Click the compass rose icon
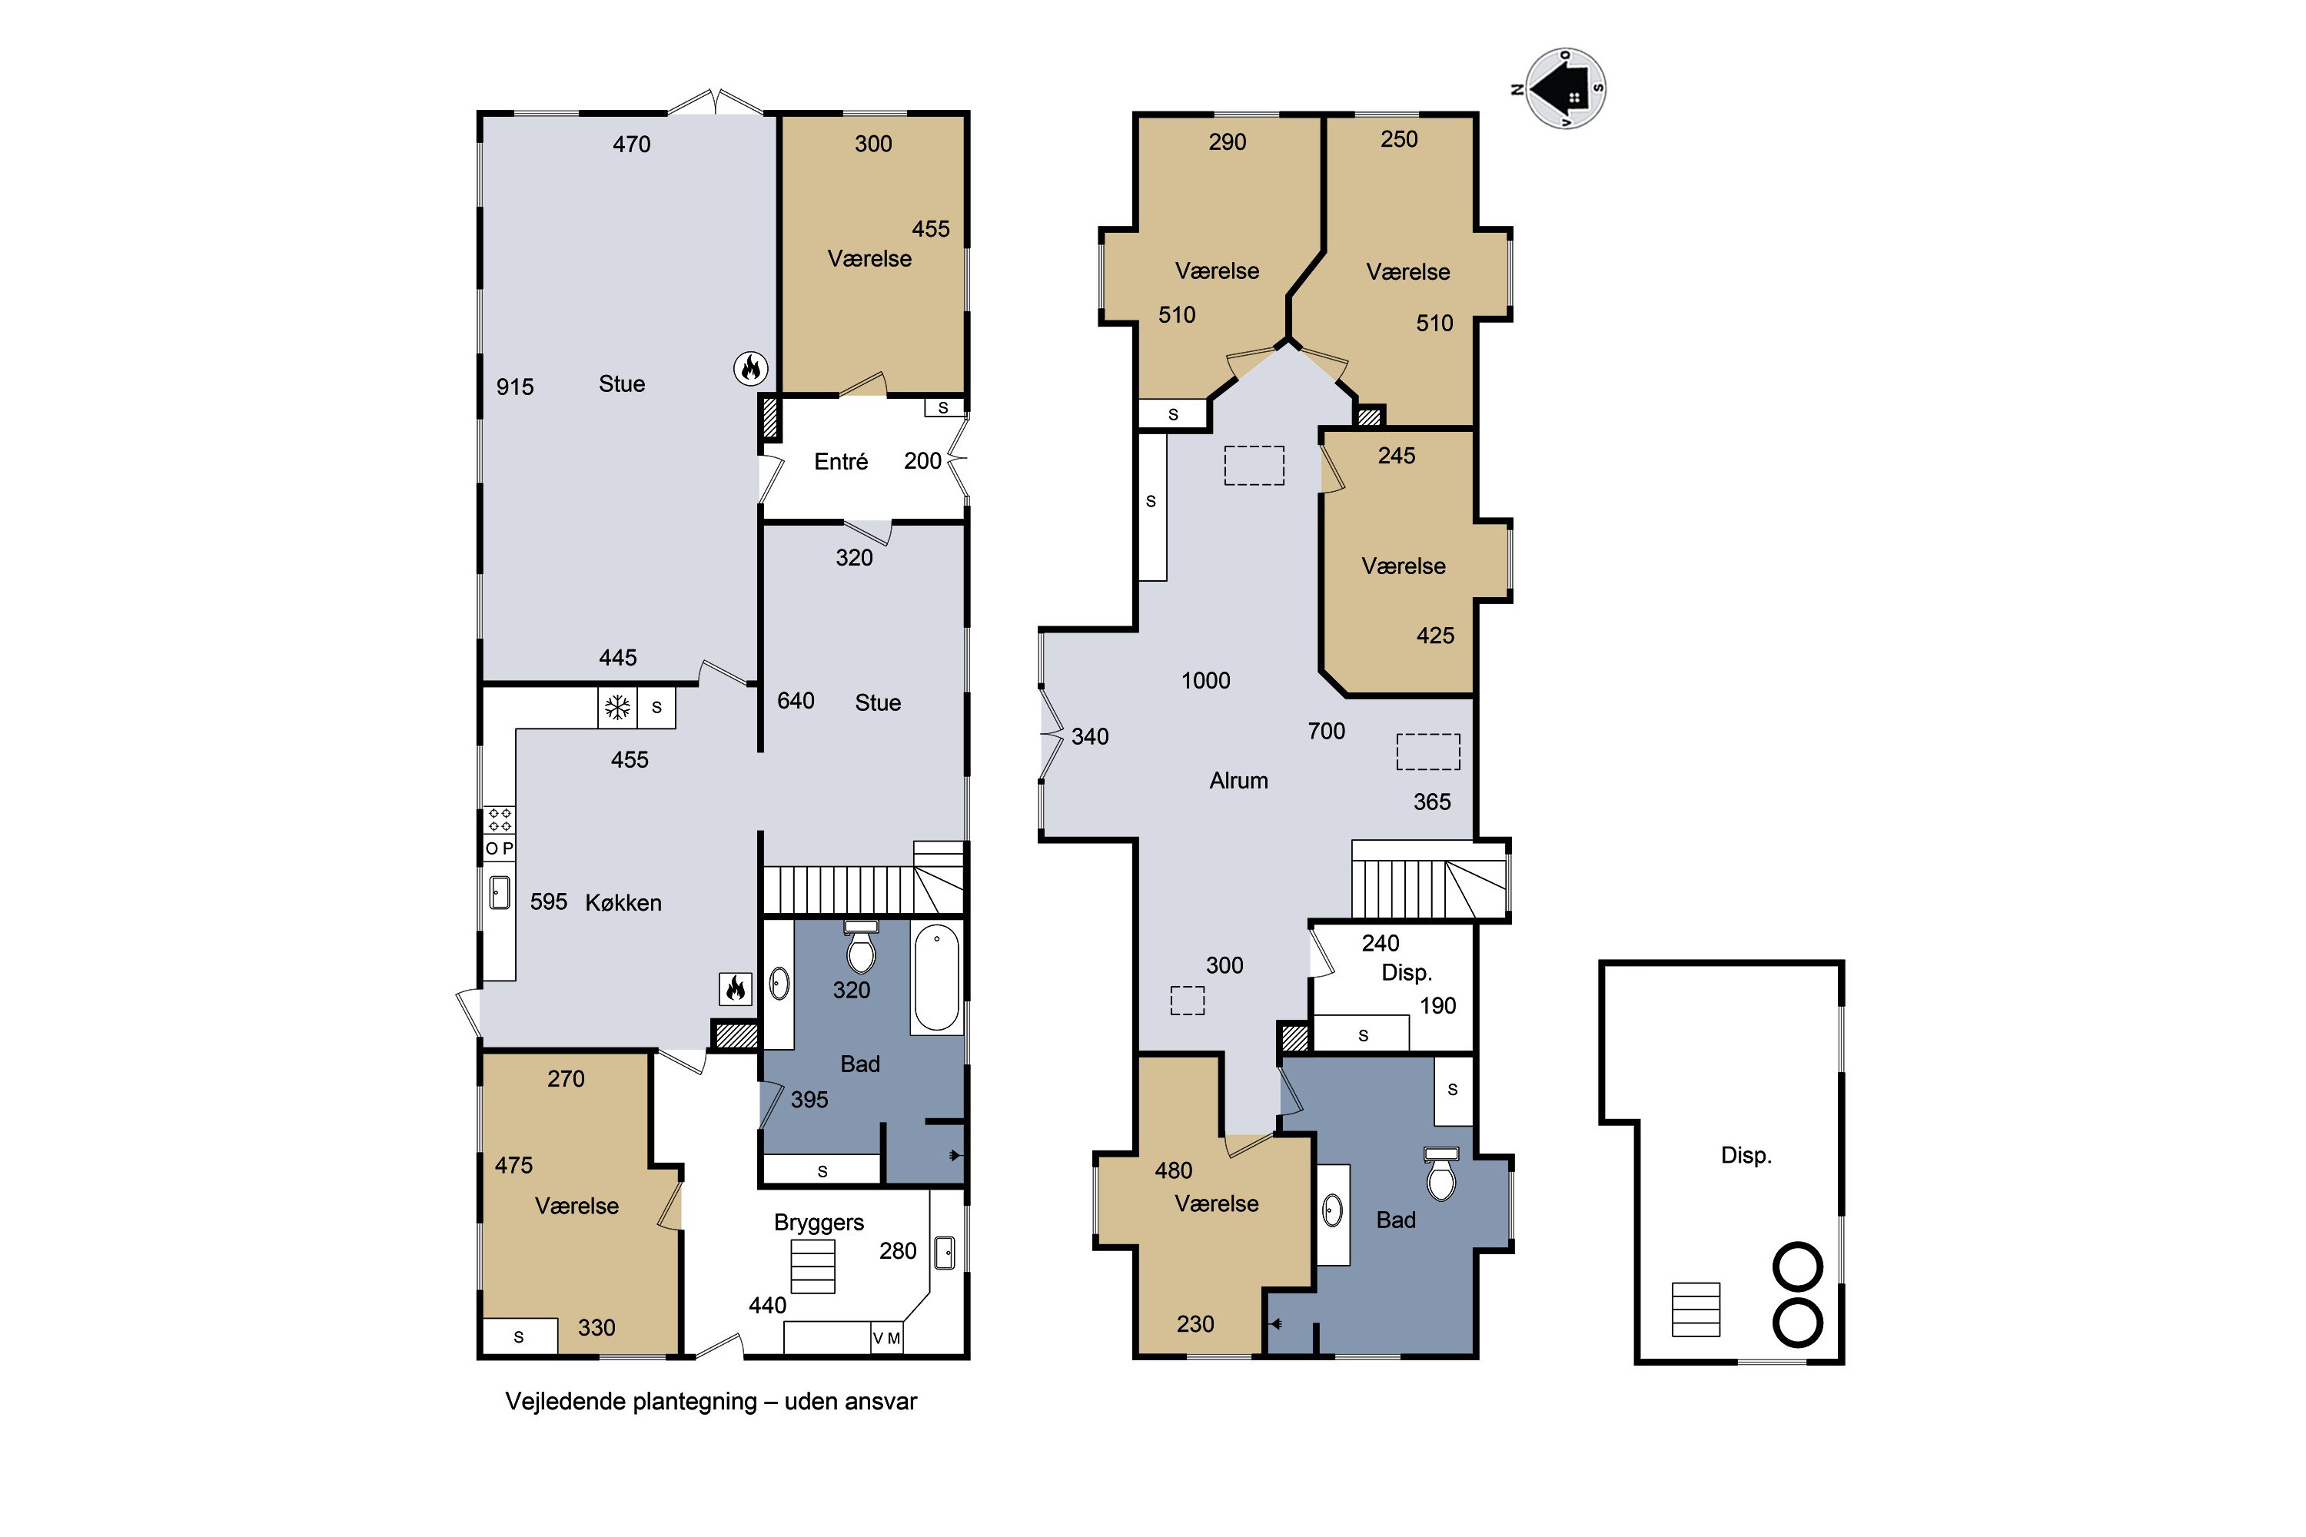(x=1565, y=88)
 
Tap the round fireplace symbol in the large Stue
(x=751, y=369)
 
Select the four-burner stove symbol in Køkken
(x=499, y=819)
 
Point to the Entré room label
(x=840, y=462)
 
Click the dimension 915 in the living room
(x=515, y=387)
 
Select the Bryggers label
(x=819, y=1223)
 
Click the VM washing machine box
(x=887, y=1338)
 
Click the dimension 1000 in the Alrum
(x=1205, y=680)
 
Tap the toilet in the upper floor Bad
(x=1441, y=1173)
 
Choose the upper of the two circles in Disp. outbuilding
(x=1797, y=1266)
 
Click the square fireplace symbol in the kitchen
(x=736, y=989)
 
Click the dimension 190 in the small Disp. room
(x=1437, y=1006)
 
